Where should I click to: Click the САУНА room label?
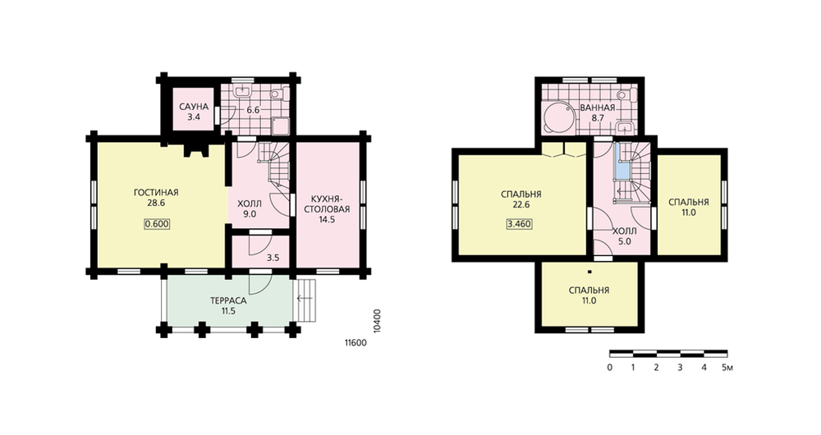194,107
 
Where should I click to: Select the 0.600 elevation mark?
157,224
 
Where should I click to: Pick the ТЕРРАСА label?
228,301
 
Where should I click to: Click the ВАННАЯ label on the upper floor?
598,108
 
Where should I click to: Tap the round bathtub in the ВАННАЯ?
558,117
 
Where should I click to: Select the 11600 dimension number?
355,343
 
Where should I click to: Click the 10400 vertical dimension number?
378,320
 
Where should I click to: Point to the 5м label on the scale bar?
727,368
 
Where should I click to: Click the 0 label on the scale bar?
610,368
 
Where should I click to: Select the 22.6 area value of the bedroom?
521,204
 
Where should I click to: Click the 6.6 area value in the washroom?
254,110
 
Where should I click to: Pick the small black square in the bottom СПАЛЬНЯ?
589,272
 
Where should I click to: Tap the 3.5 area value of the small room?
273,258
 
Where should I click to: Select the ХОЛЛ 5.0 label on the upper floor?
625,236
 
